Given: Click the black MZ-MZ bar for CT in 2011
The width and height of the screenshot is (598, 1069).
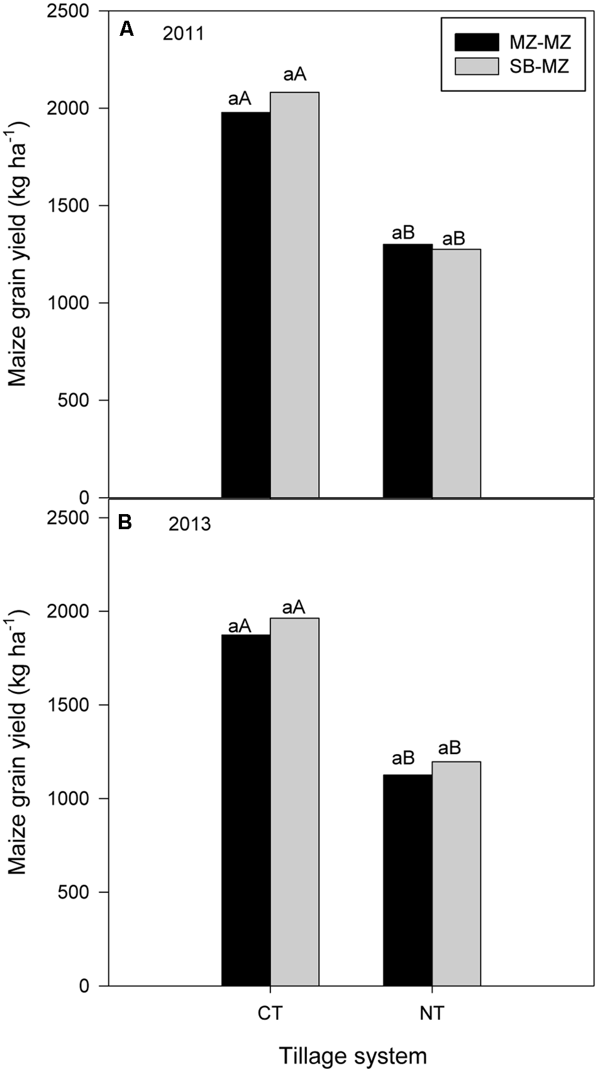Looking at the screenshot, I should click(246, 305).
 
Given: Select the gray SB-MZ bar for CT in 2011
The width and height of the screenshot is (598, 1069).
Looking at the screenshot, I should click(295, 295).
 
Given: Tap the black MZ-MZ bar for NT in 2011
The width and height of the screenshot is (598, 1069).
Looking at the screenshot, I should click(407, 371).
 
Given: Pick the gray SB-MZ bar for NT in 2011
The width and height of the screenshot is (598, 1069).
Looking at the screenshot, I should click(457, 373).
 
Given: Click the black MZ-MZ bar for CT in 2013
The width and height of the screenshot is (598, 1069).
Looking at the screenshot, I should click(246, 810).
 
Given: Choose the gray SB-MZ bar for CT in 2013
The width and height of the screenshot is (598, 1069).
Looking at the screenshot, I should click(295, 802).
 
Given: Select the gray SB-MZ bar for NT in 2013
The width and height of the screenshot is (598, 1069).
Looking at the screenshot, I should click(457, 874).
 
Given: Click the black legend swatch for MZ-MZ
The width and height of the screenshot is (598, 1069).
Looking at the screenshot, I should click(477, 42).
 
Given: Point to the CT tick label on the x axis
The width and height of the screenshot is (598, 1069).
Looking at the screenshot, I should click(270, 1013).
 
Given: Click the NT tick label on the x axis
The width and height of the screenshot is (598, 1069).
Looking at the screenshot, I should click(432, 1013).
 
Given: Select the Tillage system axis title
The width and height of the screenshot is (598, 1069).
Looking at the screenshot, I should click(352, 1055).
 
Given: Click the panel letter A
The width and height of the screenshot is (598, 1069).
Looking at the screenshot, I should click(126, 29).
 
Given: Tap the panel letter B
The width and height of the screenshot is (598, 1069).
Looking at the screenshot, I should click(125, 522).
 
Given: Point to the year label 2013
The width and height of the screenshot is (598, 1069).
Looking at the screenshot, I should click(189, 524).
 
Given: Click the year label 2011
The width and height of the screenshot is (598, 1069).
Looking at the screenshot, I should click(184, 33).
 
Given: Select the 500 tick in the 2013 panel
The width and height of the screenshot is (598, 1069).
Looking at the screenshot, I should click(74, 892).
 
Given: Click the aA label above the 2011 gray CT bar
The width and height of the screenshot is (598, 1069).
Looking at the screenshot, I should click(294, 75).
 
